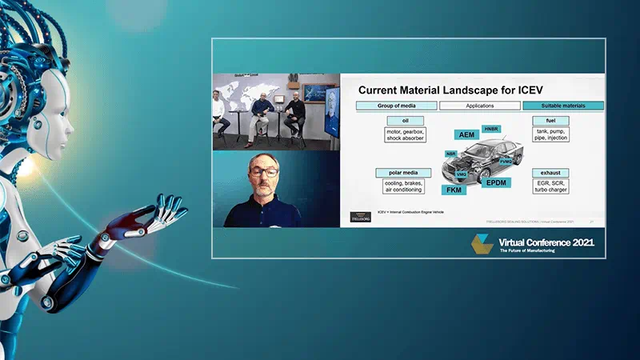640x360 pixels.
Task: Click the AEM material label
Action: [x=466, y=134]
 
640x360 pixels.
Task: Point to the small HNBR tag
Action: [x=491, y=128]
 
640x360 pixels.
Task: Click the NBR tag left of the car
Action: [x=451, y=153]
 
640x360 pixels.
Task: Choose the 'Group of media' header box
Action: [x=396, y=106]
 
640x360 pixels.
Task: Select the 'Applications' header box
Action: [x=480, y=106]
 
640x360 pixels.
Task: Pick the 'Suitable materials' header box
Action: [x=562, y=106]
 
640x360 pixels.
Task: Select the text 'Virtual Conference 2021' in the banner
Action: [x=546, y=240]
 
